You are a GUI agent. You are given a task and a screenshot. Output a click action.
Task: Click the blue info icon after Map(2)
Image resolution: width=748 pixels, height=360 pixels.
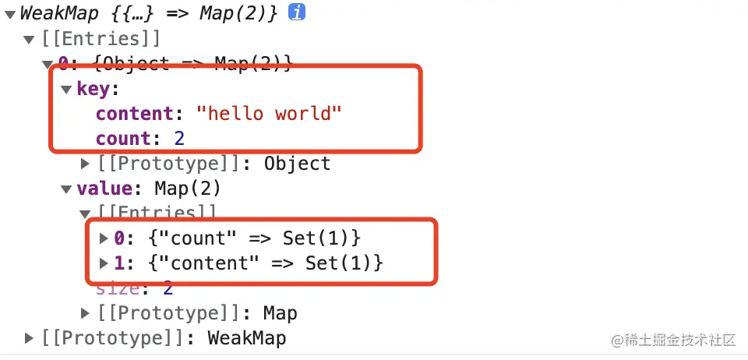[x=297, y=13]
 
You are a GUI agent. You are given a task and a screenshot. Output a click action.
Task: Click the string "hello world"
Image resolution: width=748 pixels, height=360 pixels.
[x=270, y=114]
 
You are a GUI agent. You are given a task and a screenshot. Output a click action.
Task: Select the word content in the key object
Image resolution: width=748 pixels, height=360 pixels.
[x=133, y=114]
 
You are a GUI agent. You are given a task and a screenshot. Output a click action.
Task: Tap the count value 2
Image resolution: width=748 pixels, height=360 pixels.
[x=178, y=139]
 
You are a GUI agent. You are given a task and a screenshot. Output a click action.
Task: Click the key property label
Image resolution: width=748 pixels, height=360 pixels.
[x=93, y=89]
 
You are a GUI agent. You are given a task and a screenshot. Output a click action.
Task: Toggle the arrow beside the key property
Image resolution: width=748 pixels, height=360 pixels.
[x=66, y=89]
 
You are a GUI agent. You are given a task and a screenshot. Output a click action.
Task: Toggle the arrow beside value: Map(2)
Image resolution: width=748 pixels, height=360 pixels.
[x=66, y=189]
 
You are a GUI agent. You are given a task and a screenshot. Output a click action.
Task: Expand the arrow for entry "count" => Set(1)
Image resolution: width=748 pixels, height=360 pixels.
[x=104, y=238]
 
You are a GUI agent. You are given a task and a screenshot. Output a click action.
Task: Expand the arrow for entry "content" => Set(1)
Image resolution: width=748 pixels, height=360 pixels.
[x=104, y=263]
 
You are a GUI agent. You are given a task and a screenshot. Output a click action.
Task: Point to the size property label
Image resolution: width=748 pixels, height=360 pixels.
[x=118, y=288]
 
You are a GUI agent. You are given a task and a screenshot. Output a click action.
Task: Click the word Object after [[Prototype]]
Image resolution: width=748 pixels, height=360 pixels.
[x=297, y=164]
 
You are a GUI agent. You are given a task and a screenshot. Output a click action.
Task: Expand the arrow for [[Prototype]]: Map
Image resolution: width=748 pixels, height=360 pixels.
[x=86, y=313]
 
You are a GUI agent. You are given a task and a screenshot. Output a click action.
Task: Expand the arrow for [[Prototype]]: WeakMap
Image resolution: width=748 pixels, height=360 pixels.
[x=30, y=338]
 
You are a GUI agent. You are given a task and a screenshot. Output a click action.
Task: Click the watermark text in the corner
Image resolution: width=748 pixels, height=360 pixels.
[x=673, y=341]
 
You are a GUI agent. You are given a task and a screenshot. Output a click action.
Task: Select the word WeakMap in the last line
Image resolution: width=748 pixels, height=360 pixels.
[x=246, y=338]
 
